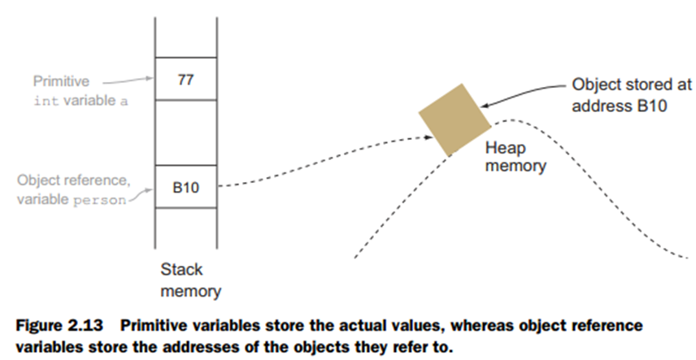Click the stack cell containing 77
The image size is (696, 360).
185,80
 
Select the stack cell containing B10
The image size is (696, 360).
185,187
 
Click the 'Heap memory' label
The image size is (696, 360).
515,158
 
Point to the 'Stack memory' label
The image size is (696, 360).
186,280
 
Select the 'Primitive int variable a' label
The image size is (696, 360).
73,92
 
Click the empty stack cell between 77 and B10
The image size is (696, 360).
185,132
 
